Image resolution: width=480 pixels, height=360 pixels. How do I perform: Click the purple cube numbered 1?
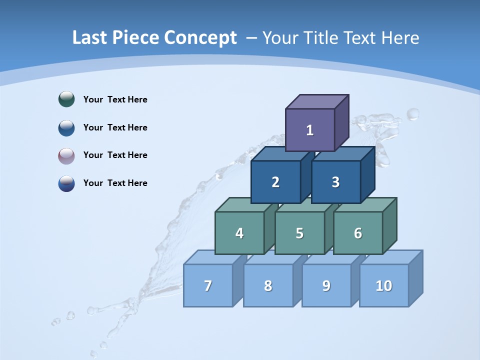point(310,130)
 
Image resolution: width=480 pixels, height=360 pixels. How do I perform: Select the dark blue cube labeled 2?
point(275,182)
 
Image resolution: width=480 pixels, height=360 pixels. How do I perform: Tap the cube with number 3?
point(335,182)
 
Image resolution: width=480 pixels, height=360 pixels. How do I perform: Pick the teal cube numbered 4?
point(239,233)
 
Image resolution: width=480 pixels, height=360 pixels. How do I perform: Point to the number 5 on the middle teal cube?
point(299,233)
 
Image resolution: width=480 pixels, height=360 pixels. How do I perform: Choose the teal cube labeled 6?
point(358,233)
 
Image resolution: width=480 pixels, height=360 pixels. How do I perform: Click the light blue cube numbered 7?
point(208,285)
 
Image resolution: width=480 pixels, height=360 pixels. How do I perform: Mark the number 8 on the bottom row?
point(268,285)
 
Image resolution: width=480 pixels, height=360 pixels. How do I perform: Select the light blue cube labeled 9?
point(326,285)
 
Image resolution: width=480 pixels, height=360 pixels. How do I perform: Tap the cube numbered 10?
point(384,285)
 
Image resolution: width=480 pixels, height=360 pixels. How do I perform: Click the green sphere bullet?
point(66,99)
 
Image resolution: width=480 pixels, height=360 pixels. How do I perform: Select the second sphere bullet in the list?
point(66,127)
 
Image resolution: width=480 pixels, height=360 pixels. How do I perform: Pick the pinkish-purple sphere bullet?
point(66,155)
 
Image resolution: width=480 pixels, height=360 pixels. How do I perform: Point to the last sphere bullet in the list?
point(66,183)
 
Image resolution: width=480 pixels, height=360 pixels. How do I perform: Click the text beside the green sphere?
point(115,99)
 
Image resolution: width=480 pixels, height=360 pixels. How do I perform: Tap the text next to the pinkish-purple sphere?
point(115,155)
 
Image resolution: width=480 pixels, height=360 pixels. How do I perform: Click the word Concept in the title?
point(200,38)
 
